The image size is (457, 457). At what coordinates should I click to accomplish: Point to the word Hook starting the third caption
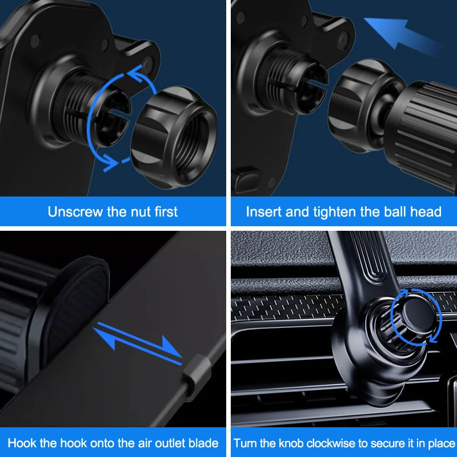coord(22,443)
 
